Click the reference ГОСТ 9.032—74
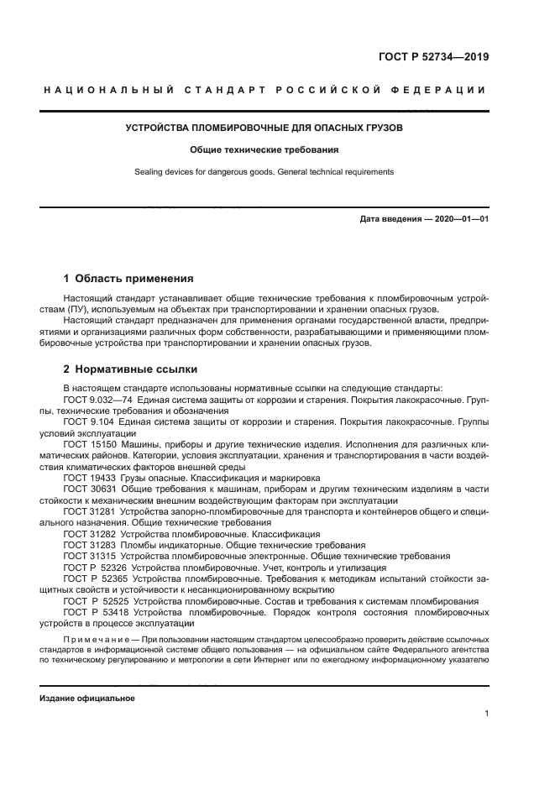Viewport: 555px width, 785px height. [99, 400]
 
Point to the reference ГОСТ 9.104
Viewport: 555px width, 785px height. [89, 421]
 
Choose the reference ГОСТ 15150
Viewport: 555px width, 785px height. [90, 443]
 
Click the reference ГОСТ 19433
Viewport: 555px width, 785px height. [90, 476]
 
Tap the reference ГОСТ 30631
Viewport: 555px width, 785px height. [90, 487]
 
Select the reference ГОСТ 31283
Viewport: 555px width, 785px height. [90, 544]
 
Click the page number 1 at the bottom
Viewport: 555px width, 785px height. [487, 714]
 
